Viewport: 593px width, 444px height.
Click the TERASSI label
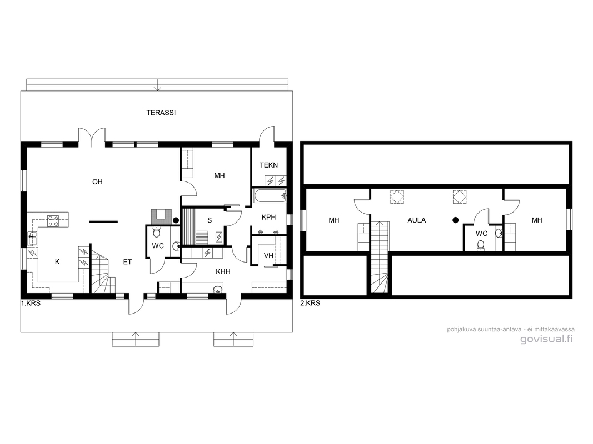coord(161,113)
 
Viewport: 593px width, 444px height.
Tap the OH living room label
coord(97,181)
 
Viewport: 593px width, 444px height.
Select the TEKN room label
coord(268,165)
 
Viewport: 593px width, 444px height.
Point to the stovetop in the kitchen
coord(53,221)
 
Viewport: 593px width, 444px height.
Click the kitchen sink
coord(33,238)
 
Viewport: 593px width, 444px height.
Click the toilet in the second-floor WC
coord(481,245)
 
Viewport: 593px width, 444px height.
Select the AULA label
coord(416,220)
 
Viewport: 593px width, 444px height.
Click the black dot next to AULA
coord(456,220)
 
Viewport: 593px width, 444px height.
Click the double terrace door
coord(92,137)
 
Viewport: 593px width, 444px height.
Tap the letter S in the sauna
coord(209,220)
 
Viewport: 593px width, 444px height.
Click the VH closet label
coord(268,256)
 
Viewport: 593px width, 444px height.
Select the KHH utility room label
coord(223,271)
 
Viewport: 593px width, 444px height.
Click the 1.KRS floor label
coord(31,303)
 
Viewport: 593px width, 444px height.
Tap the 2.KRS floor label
coord(310,303)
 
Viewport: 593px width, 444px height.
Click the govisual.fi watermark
coord(546,339)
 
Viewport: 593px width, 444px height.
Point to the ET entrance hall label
coord(127,261)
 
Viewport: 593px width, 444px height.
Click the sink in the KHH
coord(217,290)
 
